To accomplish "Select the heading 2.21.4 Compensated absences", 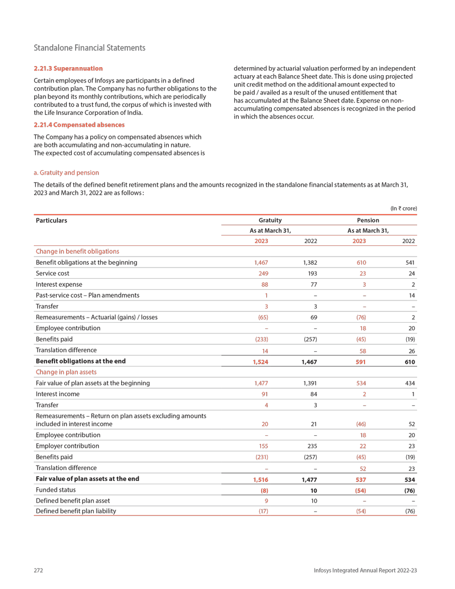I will point(79,125).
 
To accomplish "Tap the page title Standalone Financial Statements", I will point(89,48).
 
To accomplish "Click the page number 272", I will point(39,570).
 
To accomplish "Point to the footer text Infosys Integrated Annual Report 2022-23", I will point(366,570).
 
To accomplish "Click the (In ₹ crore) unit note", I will point(403,208).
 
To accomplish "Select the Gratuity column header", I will point(270,220).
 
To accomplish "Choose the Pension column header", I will point(368,220).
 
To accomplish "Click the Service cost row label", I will point(52,273).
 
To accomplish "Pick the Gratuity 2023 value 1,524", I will point(260,361).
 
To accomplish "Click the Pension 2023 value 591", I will point(360,361).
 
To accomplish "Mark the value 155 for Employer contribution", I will point(262,446).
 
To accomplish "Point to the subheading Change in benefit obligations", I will point(77,252).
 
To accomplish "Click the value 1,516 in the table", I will point(260,480).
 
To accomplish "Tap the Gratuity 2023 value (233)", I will point(261,339).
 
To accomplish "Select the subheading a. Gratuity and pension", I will point(66,172).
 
